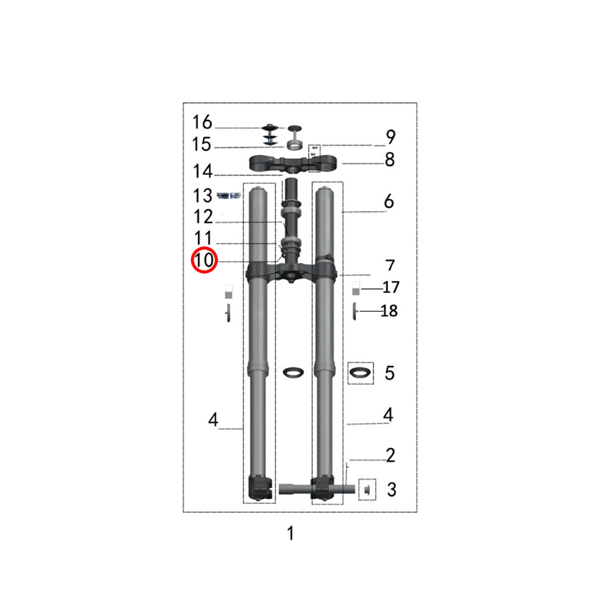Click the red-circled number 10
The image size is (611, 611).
point(204,260)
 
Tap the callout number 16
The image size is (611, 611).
point(202,122)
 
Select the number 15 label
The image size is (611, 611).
point(202,144)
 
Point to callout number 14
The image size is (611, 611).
point(203,171)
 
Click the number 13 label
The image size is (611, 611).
point(203,196)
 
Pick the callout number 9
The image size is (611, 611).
point(390,137)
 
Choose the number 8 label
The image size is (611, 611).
point(390,159)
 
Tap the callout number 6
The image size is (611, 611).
point(389,201)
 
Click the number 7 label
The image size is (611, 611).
point(390,265)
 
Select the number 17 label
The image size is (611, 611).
point(391,287)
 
